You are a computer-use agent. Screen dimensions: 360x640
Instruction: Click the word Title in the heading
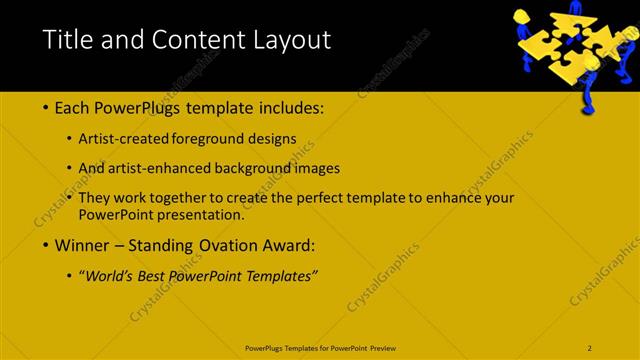(x=70, y=40)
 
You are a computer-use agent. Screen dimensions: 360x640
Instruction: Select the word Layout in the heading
(x=290, y=40)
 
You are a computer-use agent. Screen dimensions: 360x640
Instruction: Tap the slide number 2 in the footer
(x=590, y=347)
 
